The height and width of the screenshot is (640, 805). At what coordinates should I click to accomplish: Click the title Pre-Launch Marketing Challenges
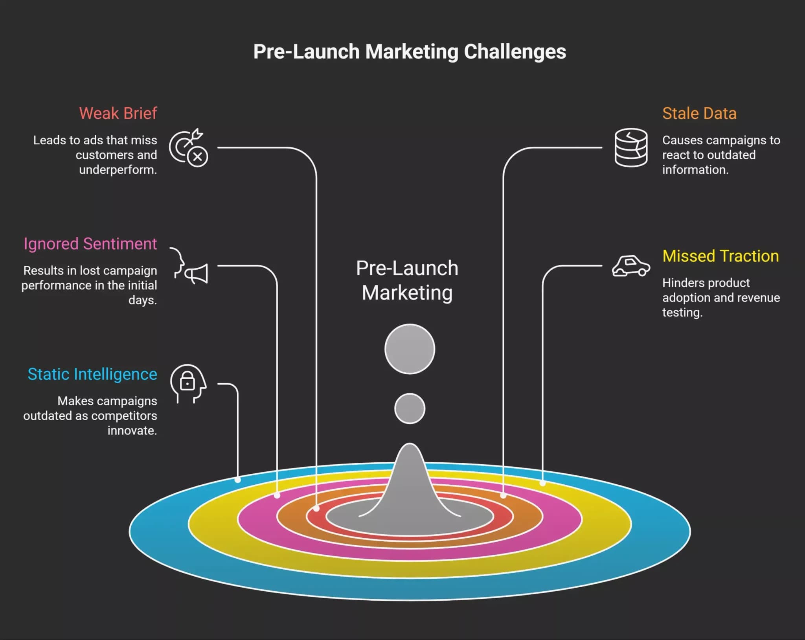click(x=410, y=52)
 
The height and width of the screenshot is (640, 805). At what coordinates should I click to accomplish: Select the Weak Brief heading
click(x=118, y=113)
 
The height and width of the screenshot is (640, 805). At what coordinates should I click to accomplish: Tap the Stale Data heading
click(x=699, y=113)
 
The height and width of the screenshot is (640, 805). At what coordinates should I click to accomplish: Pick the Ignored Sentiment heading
click(x=90, y=244)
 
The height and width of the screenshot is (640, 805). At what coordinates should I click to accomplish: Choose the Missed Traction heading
click(x=720, y=256)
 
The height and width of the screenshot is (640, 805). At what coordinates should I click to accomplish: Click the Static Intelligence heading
click(x=92, y=374)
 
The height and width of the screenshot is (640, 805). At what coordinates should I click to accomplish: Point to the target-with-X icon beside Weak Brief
click(x=189, y=147)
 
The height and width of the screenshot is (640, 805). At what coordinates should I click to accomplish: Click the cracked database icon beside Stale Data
click(x=631, y=147)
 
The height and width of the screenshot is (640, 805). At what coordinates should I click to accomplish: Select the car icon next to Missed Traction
click(x=631, y=266)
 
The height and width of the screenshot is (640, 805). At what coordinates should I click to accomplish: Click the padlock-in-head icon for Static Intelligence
click(x=188, y=384)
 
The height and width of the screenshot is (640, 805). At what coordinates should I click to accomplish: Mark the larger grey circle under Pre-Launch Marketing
click(x=410, y=349)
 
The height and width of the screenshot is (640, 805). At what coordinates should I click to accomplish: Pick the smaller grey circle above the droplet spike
click(x=410, y=408)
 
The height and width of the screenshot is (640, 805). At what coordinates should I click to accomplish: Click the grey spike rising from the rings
click(x=410, y=484)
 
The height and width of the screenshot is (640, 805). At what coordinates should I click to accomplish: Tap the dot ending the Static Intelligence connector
click(x=238, y=480)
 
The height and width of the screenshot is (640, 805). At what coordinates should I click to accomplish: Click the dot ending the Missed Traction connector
click(x=542, y=483)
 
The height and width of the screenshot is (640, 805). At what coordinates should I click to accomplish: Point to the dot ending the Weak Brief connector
click(x=316, y=508)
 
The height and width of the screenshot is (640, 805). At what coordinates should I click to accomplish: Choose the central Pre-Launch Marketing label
click(x=407, y=280)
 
